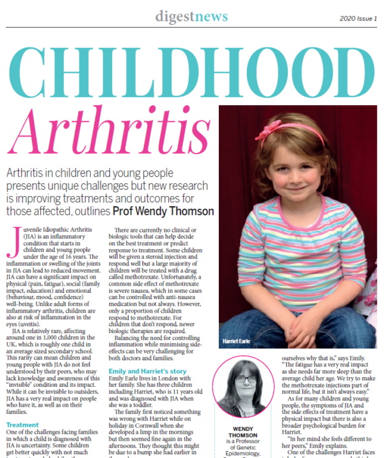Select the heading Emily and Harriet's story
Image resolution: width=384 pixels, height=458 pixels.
click(x=148, y=353)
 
